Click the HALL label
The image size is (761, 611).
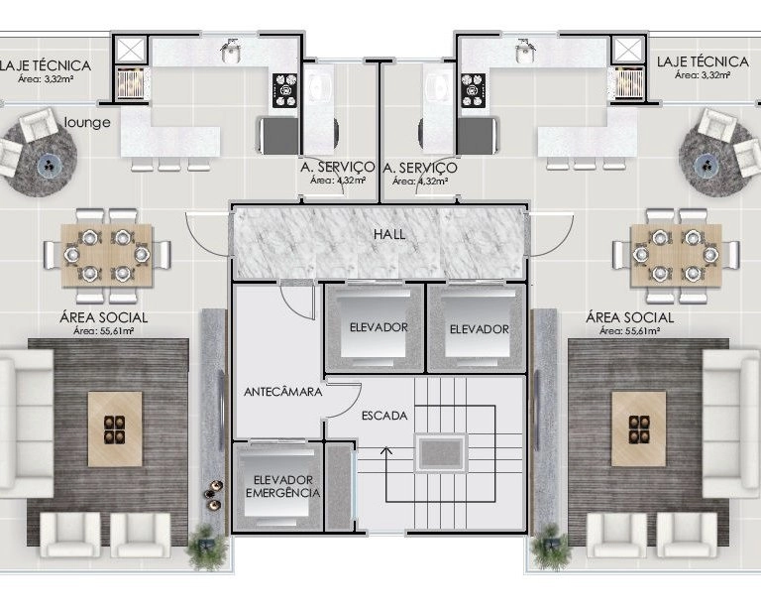click(389, 234)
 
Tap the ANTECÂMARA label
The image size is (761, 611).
click(283, 392)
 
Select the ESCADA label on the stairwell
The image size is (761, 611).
click(384, 416)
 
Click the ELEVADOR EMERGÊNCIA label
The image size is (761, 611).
click(283, 486)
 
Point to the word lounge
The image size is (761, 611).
click(87, 122)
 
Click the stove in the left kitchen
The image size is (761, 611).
click(284, 90)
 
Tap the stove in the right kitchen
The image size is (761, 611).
click(473, 90)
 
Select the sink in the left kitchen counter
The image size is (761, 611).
click(231, 52)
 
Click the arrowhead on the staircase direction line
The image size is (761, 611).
click(386, 450)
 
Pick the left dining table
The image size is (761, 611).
click(107, 255)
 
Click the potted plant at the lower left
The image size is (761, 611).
click(208, 547)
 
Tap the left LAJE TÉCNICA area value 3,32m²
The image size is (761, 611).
click(46, 79)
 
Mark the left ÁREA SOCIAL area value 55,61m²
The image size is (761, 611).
click(103, 331)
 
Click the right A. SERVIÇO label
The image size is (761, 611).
click(420, 168)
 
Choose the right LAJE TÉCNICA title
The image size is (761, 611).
click(703, 61)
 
